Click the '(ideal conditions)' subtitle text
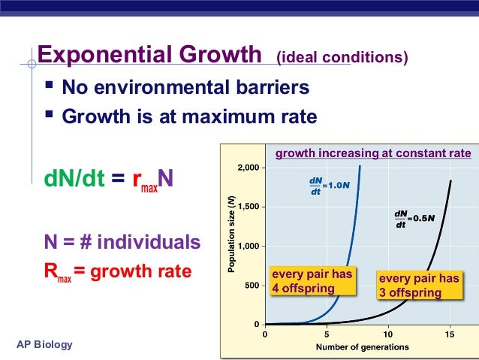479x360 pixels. [x=342, y=58]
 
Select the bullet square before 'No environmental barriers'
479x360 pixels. [x=50, y=87]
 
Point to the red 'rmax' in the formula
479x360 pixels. [x=143, y=183]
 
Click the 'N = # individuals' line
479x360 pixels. [x=122, y=243]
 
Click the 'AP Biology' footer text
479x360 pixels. [x=44, y=344]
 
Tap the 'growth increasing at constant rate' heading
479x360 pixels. [x=373, y=154]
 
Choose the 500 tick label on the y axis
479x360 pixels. [x=249, y=286]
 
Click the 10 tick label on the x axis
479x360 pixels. [x=387, y=334]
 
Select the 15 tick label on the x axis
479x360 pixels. [x=449, y=334]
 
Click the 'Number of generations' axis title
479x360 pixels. [x=362, y=347]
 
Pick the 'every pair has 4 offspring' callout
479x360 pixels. [x=312, y=281]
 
